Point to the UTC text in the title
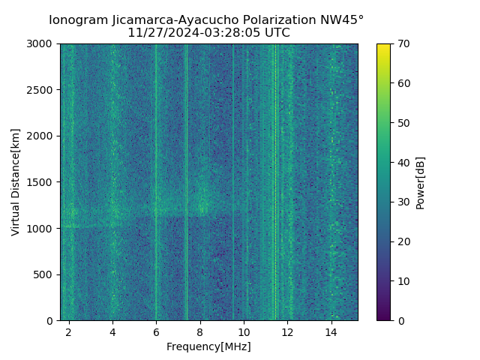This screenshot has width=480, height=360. (276, 33)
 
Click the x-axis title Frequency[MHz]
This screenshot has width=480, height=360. (208, 346)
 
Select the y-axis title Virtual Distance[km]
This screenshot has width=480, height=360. (16, 182)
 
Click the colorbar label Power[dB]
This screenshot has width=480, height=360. (421, 182)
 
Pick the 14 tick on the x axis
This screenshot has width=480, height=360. (331, 331)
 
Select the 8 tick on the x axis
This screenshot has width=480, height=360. (199, 331)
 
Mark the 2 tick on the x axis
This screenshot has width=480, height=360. (69, 331)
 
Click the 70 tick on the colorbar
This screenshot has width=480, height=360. (403, 44)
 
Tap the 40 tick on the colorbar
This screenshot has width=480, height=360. (403, 163)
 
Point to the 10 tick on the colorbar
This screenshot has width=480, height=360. (403, 281)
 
